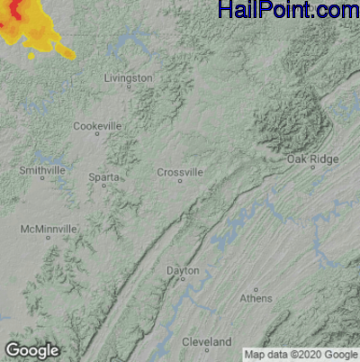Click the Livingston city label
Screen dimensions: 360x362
pos(129,78)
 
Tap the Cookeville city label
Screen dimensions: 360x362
pos(97,126)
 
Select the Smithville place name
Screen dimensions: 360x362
pos(42,169)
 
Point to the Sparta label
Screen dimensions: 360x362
pos(103,177)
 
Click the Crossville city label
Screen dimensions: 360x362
pos(180,172)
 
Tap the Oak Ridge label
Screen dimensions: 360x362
pos(312,159)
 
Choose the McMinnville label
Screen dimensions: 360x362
pos(49,230)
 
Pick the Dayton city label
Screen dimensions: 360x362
pos(184,270)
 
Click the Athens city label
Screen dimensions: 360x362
pos(256,298)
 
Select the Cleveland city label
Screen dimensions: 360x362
pos(206,342)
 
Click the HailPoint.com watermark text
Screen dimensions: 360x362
pos(288,11)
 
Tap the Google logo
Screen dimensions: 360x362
pos(31,350)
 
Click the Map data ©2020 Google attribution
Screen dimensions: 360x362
pos(301,353)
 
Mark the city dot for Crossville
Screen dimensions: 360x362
pos(180,181)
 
